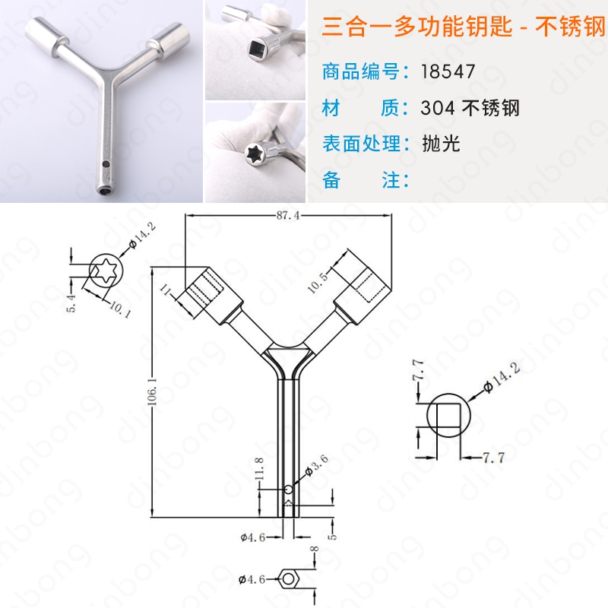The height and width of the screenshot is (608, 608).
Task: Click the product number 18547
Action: point(448,71)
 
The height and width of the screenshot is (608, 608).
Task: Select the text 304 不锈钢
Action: point(470,107)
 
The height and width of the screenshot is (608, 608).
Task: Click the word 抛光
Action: point(441,144)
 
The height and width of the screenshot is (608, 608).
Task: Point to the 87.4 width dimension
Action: point(288,215)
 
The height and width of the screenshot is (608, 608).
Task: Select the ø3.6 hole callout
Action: point(317,465)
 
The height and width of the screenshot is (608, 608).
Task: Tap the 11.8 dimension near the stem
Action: point(259,468)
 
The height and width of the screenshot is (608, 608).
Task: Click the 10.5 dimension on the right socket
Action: point(318,282)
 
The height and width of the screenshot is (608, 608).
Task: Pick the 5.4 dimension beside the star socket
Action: point(71,303)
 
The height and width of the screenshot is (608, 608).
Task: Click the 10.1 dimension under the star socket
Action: point(120,309)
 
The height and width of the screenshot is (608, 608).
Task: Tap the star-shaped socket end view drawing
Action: point(106,271)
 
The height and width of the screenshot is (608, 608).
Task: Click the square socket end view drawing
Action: point(448,415)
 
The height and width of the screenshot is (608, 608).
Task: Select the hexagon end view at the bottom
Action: point(288,579)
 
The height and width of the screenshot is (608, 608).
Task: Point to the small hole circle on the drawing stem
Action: point(289,489)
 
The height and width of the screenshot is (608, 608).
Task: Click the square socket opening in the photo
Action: point(258,49)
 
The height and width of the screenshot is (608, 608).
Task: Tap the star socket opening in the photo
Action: point(255,151)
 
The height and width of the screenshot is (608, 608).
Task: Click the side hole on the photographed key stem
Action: point(105,164)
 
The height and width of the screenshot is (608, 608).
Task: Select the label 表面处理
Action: point(361,144)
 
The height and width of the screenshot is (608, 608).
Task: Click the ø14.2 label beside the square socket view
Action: point(502,377)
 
